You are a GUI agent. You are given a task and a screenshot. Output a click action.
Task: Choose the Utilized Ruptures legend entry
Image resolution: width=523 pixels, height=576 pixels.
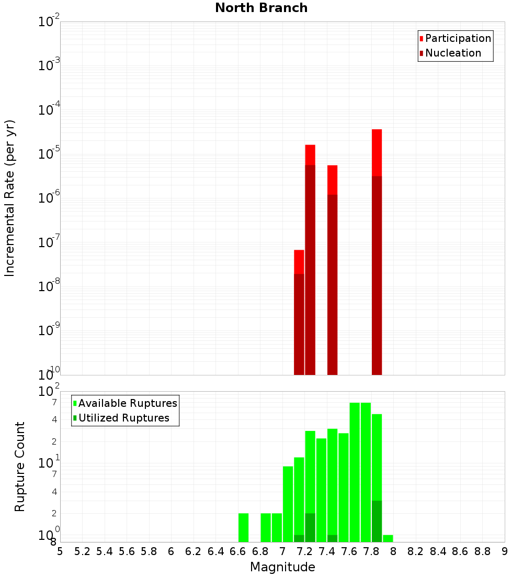click(x=123, y=418)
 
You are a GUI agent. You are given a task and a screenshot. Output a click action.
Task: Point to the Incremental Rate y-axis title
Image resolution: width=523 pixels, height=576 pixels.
click(x=9, y=198)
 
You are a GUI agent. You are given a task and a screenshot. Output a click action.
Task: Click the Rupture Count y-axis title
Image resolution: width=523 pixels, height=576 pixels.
click(x=20, y=467)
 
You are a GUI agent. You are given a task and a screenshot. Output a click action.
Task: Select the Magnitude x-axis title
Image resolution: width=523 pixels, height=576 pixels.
click(x=282, y=567)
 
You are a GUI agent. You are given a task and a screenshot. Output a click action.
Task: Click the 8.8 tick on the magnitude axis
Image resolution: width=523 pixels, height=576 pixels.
click(x=482, y=552)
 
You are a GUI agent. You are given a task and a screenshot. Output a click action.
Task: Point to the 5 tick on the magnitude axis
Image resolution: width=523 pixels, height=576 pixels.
click(x=60, y=552)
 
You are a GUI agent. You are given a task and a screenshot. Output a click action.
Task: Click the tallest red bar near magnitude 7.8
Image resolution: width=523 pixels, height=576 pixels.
click(x=377, y=152)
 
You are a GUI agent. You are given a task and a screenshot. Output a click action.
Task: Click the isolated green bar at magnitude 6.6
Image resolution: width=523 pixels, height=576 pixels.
click(x=243, y=527)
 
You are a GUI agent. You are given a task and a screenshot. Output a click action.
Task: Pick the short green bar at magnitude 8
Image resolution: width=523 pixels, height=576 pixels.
click(x=388, y=538)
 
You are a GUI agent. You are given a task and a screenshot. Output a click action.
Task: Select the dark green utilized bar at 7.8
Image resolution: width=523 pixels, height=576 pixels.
click(x=377, y=521)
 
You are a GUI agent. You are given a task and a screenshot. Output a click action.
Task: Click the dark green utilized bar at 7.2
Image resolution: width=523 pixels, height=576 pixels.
click(x=310, y=527)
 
